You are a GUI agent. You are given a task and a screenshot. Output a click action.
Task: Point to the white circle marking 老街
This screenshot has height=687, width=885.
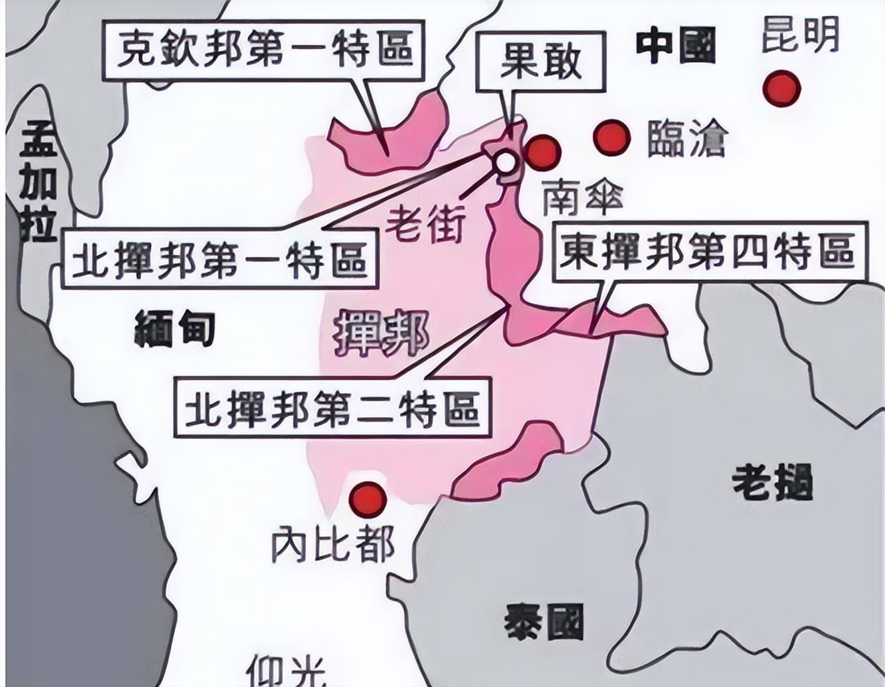tap(505, 161)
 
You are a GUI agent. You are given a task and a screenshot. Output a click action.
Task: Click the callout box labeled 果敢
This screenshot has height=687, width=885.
tap(541, 62)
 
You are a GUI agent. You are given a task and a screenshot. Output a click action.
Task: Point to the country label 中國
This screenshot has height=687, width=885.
tap(676, 45)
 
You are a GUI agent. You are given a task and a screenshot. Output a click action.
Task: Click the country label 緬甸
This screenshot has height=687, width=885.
tap(174, 328)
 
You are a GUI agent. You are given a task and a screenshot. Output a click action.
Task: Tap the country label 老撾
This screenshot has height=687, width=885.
tap(772, 482)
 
